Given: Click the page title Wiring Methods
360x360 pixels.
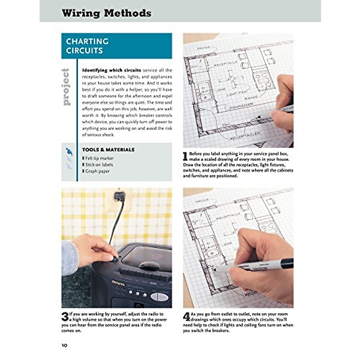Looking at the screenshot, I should [106, 13].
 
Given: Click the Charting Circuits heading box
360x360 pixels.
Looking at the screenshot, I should [117, 46].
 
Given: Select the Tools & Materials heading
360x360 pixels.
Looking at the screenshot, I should [108, 149].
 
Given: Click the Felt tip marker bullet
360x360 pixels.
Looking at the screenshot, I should [99, 158].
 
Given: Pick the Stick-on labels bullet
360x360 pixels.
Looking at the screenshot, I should [99, 165].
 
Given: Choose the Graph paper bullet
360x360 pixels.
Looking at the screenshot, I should [97, 171].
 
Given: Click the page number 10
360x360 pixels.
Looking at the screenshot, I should [64, 345].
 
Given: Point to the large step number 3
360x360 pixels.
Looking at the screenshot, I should [65, 317].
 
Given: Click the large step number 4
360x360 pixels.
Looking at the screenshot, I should [187, 317].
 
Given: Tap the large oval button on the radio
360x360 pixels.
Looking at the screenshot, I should [159, 297].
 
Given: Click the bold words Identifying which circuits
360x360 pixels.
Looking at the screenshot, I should [111, 70].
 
